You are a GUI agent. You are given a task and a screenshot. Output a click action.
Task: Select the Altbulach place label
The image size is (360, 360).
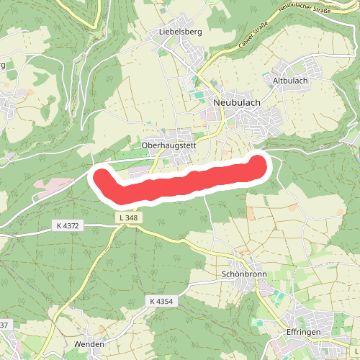tap(290, 81)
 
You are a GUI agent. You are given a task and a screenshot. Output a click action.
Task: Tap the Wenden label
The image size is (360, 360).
tap(89, 344)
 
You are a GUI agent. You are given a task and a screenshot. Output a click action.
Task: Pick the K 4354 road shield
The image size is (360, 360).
tap(163, 300)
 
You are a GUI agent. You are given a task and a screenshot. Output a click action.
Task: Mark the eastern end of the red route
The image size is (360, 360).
tap(259, 164)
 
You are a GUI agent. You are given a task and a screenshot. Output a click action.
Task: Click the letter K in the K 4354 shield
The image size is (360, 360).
tap(153, 300)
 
